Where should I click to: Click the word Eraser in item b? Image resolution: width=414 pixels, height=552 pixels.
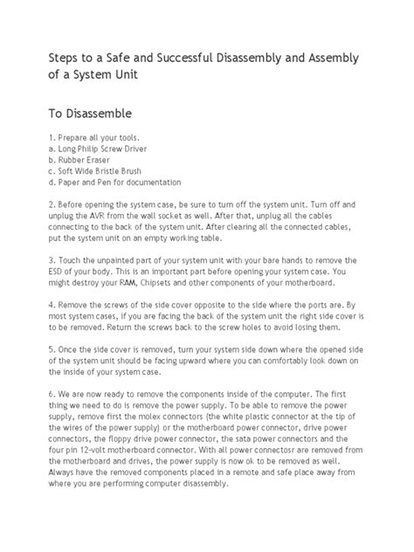click(x=98, y=161)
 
